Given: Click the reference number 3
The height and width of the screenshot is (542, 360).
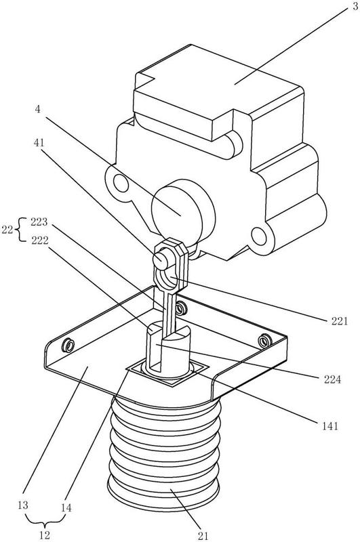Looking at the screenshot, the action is (x=355, y=7).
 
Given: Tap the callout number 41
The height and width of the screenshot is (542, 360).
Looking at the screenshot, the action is (x=39, y=142).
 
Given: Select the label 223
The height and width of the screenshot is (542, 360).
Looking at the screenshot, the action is (x=39, y=222).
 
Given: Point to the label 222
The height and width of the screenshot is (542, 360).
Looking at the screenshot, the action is (x=40, y=241).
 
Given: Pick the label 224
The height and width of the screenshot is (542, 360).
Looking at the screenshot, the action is (x=332, y=379).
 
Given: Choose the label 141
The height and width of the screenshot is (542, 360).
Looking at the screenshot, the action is (x=330, y=426).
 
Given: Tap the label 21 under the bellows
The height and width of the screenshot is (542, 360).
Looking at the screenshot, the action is (x=203, y=536).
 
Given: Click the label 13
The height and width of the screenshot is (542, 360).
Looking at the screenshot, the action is (x=23, y=505).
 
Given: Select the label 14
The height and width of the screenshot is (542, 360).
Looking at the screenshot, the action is (x=66, y=507).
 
